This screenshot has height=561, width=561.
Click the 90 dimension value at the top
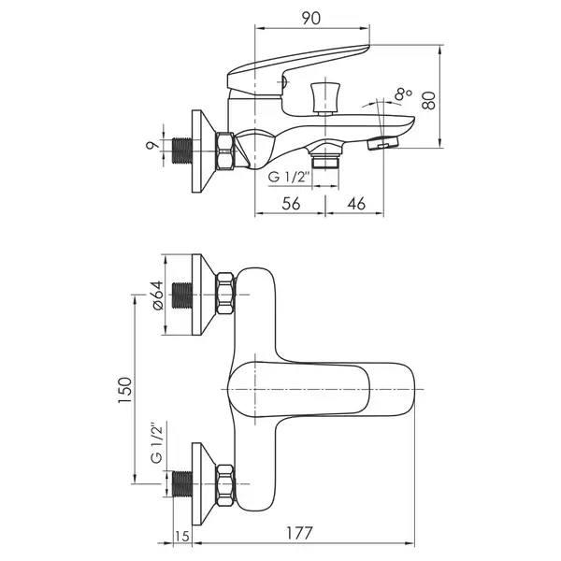click(311, 19)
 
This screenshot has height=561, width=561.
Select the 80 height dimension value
click(428, 101)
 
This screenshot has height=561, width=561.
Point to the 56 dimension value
click(291, 204)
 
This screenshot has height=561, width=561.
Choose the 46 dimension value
click(356, 204)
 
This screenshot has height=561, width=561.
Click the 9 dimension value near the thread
click(152, 145)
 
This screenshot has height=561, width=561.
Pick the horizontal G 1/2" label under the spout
click(288, 177)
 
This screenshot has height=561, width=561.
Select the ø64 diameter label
click(158, 295)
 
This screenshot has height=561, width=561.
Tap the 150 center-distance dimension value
click(125, 390)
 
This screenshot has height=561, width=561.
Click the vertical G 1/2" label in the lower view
click(157, 444)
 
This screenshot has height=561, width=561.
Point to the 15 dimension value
click(182, 537)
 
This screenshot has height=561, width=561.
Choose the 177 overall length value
click(299, 534)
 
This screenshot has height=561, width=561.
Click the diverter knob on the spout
click(324, 97)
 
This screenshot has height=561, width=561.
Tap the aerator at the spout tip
click(382, 144)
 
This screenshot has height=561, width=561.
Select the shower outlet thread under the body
click(324, 160)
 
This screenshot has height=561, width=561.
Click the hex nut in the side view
click(224, 151)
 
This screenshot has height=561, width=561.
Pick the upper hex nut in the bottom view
click(224, 294)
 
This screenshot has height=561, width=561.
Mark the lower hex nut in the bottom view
click(224, 484)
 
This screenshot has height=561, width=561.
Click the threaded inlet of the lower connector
click(182, 484)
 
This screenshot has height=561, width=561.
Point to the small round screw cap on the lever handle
click(284, 83)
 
